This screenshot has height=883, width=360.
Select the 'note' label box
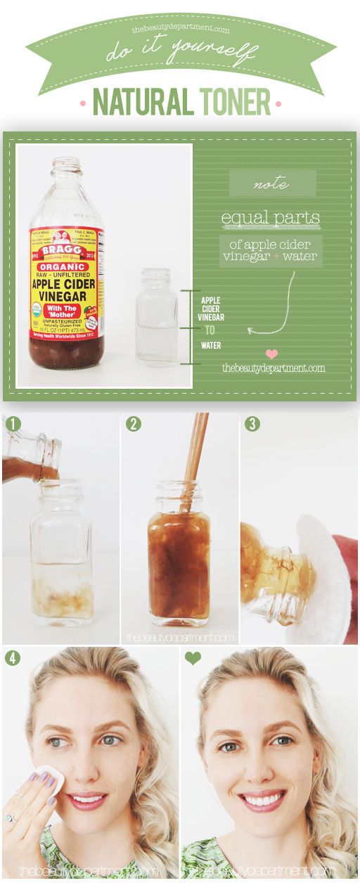(272, 183)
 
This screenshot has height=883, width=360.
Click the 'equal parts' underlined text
(271, 218)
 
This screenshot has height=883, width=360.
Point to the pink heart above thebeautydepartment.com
(271, 354)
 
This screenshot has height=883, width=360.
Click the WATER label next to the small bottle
(211, 345)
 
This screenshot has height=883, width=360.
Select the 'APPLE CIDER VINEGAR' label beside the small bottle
(211, 309)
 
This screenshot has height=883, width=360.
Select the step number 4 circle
(12, 659)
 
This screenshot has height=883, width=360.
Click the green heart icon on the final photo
(192, 658)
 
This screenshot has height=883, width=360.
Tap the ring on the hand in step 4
(11, 818)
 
